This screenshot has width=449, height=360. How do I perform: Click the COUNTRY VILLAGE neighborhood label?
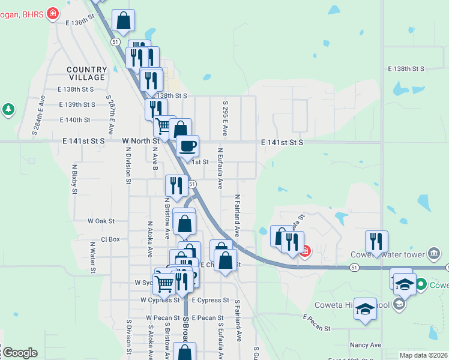(x=87, y=74)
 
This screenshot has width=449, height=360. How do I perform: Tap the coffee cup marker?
(x=187, y=146)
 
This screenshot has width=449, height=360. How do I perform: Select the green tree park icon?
(x=8, y=109)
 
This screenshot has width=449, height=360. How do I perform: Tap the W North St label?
(x=140, y=140)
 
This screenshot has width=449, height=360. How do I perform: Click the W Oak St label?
(x=101, y=221)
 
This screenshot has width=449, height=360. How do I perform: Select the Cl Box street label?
(x=110, y=239)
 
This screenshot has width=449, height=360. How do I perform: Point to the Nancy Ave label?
(x=366, y=345)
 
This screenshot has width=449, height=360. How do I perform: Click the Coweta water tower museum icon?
(x=433, y=253)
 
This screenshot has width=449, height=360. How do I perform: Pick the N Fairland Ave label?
(x=238, y=214)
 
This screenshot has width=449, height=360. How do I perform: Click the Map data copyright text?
(x=423, y=355)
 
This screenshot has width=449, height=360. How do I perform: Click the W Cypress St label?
(x=160, y=299)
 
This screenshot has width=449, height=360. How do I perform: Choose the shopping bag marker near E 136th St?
(x=123, y=22)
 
